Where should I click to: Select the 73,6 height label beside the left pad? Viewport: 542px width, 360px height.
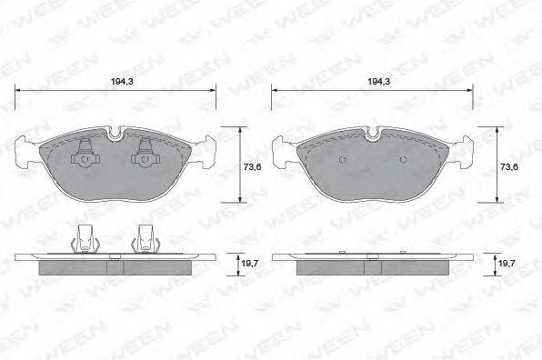tap(252, 167)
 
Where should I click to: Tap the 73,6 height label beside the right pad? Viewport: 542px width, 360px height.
tap(509, 167)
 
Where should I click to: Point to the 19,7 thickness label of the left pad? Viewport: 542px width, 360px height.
tap(249, 264)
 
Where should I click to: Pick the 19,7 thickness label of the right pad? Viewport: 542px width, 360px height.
tap(507, 264)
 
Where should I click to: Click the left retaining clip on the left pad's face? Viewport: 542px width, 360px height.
tap(85, 152)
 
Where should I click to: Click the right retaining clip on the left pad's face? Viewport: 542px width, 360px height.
tap(146, 152)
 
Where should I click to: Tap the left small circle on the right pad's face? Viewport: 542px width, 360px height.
tap(343, 159)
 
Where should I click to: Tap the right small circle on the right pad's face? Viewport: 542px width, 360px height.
tap(403, 159)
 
